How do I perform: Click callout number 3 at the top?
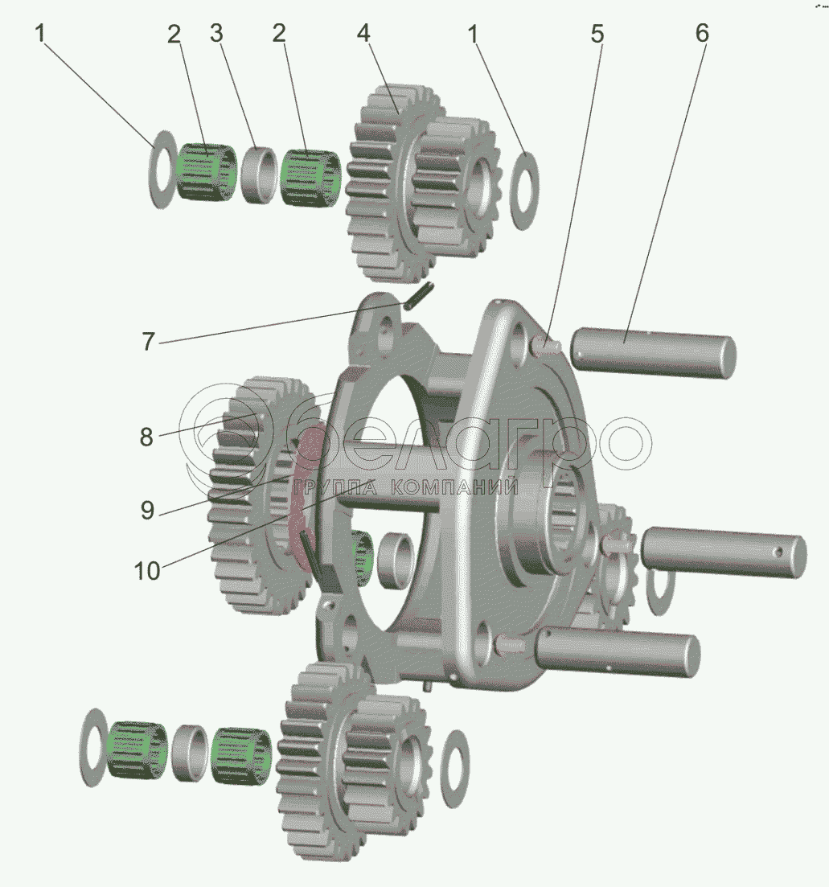tap(216, 34)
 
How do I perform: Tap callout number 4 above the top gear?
tap(363, 34)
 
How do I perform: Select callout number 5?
tap(597, 34)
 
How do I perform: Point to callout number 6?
tap(701, 34)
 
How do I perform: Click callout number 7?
tap(148, 342)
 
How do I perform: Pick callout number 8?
tap(146, 437)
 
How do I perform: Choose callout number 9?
tap(147, 511)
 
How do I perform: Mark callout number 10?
tap(147, 571)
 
